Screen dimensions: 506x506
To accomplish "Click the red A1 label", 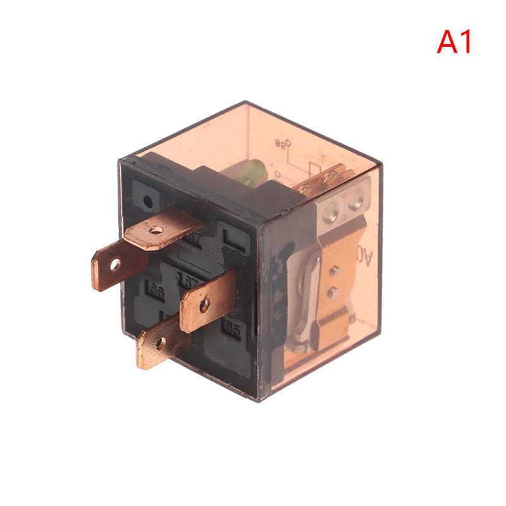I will pyautogui.click(x=454, y=42).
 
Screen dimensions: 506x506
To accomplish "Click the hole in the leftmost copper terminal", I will pyautogui.click(x=114, y=264).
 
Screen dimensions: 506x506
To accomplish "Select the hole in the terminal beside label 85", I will pyautogui.click(x=204, y=304).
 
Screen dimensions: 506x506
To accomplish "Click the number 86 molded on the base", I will pyautogui.click(x=155, y=292).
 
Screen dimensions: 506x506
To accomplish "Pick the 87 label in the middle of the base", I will pyautogui.click(x=188, y=279).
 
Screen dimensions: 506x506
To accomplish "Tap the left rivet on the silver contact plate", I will pyautogui.click(x=329, y=213).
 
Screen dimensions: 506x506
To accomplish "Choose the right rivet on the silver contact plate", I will pyautogui.click(x=356, y=203).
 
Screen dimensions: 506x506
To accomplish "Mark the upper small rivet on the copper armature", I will pyautogui.click(x=335, y=271).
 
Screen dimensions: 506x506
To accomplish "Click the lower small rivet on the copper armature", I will pyautogui.click(x=333, y=292).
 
